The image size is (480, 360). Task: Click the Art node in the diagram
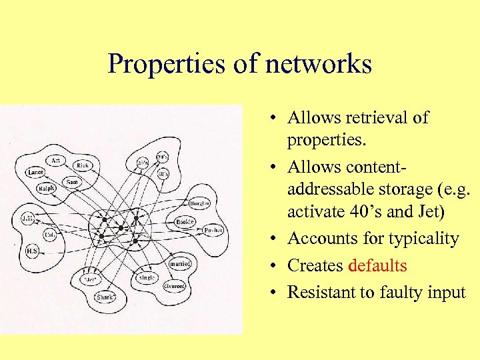[55, 160]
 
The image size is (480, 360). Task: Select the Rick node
[83, 165]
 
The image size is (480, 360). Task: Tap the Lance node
[35, 172]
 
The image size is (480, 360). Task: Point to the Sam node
[71, 181]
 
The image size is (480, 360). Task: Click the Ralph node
[47, 188]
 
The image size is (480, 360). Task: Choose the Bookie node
[185, 221]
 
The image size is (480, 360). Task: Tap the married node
[180, 263]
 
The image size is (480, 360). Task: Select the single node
[147, 277]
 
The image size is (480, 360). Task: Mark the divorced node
[174, 285]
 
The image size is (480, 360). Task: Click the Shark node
[105, 297]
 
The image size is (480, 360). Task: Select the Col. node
[49, 235]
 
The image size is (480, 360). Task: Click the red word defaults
[377, 265]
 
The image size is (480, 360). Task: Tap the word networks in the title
[318, 65]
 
